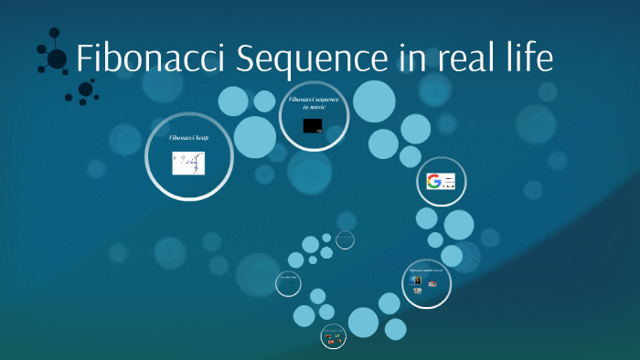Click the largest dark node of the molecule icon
tap(57, 59)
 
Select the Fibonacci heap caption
tap(188, 138)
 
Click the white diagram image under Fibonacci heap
tap(188, 163)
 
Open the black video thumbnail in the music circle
tap(313, 125)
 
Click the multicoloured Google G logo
tap(434, 181)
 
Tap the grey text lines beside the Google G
tap(449, 182)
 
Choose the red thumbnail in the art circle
tap(432, 283)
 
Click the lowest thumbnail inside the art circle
tap(418, 291)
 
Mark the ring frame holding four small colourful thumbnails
tap(334, 337)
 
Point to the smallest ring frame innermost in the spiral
tap(345, 240)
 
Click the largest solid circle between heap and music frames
tap(254, 136)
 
